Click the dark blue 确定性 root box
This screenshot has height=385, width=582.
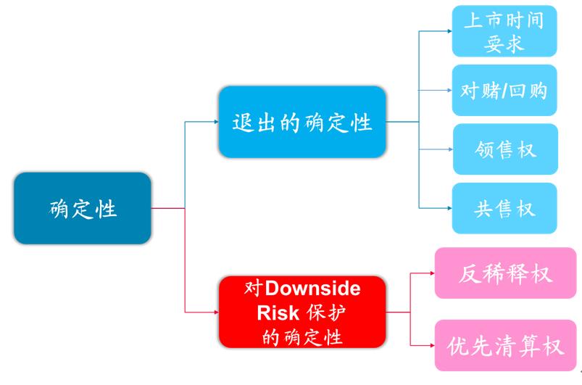[83, 208]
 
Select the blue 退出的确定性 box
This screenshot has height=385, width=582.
[302, 122]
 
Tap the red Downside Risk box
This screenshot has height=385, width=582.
[302, 312]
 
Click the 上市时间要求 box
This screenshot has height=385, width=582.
[504, 31]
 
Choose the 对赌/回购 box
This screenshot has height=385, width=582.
[504, 90]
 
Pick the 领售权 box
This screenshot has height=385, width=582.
[505, 149]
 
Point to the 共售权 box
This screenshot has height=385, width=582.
[504, 208]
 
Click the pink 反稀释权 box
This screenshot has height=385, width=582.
[505, 273]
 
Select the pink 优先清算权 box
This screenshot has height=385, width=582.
[505, 345]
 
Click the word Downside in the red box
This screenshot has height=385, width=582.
[312, 289]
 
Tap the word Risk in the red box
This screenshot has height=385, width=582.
[278, 312]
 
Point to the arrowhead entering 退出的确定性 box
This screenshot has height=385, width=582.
[217, 122]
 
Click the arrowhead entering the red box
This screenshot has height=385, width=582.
[217, 312]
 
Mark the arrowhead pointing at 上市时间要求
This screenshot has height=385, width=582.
[449, 31]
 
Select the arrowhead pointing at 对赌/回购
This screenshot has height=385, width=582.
[449, 90]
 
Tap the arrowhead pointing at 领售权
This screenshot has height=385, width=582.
[450, 149]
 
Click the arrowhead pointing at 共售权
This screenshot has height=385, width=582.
[449, 208]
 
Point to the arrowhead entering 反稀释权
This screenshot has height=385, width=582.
[433, 273]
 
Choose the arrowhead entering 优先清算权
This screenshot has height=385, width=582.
[433, 345]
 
